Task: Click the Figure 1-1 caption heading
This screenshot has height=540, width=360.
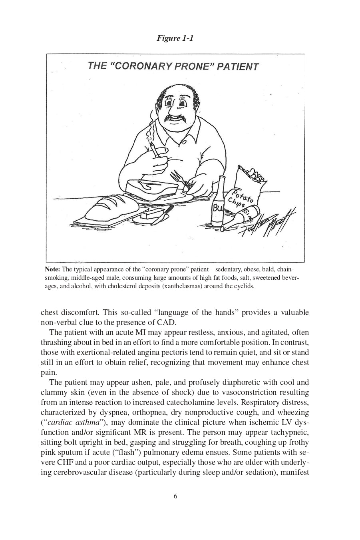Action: tap(175, 38)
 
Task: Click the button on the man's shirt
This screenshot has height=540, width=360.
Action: tap(184, 142)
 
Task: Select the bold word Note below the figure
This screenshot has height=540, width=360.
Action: tap(52, 269)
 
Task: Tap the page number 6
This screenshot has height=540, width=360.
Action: tap(175, 496)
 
